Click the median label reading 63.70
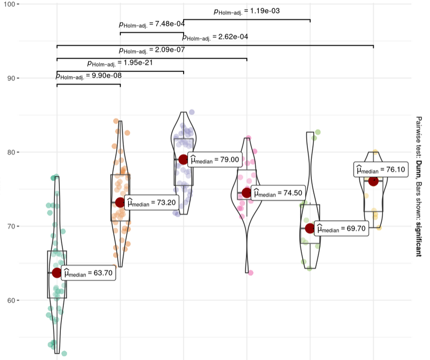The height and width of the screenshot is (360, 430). pyautogui.click(x=88, y=273)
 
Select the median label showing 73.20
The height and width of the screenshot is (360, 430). pyautogui.click(x=152, y=203)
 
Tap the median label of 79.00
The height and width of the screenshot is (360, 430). pyautogui.click(x=215, y=159)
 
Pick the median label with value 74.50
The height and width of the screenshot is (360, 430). pyautogui.click(x=278, y=193)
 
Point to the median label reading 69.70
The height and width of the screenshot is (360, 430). pyautogui.click(x=341, y=228)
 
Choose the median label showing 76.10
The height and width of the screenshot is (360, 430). pyautogui.click(x=381, y=169)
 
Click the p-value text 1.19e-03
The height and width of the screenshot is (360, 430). pyautogui.click(x=247, y=11)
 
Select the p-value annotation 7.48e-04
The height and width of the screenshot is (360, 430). pyautogui.click(x=152, y=24)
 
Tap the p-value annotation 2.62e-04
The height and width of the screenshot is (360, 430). pyautogui.click(x=215, y=37)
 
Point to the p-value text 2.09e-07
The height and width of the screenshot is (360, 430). pyautogui.click(x=152, y=50)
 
